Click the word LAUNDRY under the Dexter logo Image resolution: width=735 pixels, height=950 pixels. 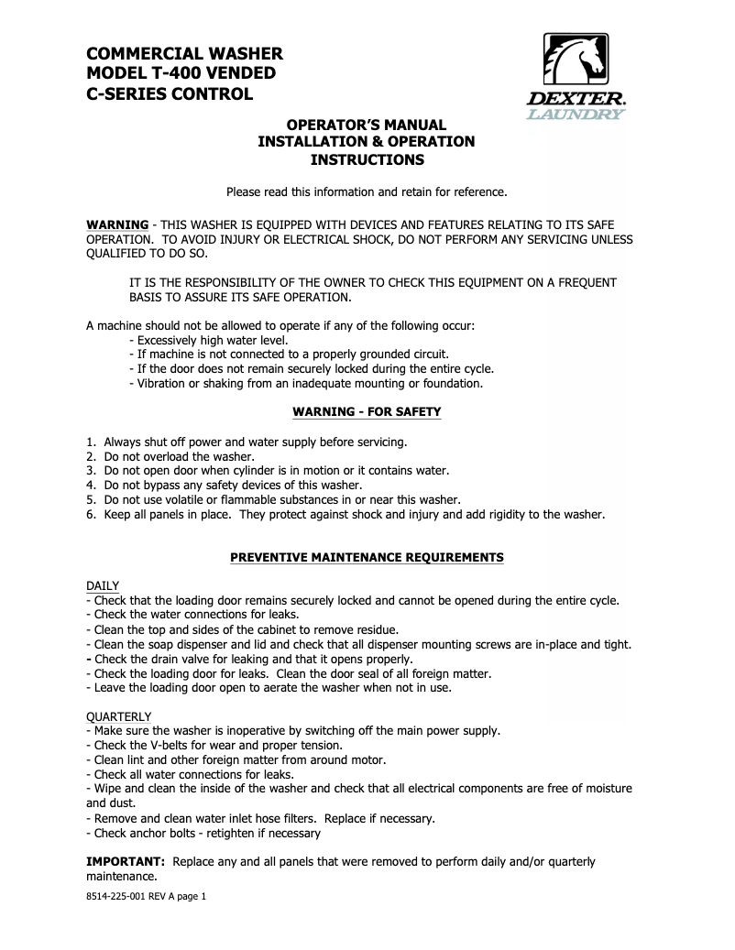[576, 115]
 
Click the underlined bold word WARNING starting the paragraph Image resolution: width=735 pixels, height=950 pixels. [117, 224]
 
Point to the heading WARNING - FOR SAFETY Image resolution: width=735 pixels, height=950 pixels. [367, 412]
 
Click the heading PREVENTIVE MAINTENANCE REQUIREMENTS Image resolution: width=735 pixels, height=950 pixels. [367, 557]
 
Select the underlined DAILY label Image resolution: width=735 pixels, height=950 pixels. [103, 585]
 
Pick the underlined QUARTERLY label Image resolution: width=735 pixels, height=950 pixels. [119, 715]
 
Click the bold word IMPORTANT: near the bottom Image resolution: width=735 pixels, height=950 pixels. [126, 862]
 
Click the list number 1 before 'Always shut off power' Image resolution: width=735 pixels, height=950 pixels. [91, 442]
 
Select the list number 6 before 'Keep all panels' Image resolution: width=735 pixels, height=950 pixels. [91, 515]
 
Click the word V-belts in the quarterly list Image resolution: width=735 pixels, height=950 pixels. [168, 745]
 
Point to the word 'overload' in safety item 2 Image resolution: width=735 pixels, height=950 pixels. [166, 456]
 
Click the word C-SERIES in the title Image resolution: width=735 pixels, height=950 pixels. [130, 94]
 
